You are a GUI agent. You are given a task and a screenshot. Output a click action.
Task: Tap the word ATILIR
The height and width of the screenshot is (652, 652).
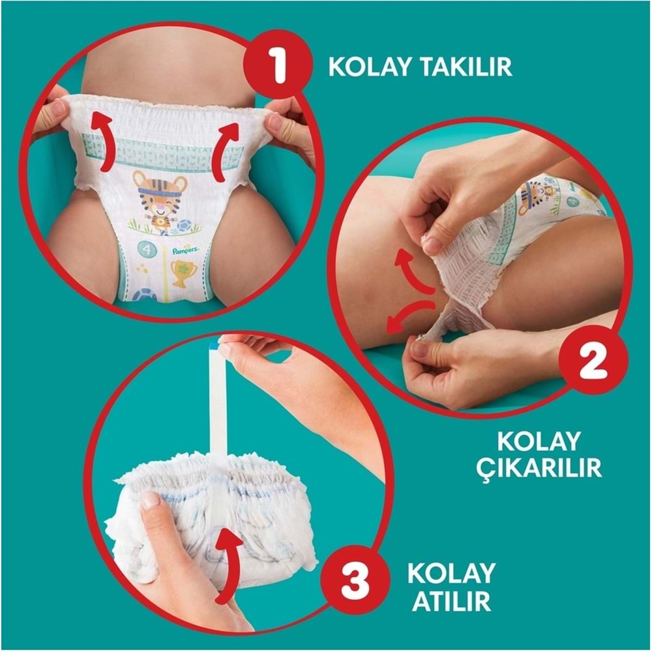(451, 600)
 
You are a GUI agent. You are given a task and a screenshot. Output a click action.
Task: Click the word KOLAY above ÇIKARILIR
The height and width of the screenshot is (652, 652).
(539, 441)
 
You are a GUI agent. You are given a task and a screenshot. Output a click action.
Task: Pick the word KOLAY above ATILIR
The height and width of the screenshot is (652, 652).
(451, 572)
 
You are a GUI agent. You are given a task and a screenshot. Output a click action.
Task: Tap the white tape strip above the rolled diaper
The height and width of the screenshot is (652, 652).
(218, 404)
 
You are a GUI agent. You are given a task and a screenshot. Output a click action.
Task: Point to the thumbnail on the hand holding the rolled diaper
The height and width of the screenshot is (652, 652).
(151, 501)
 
